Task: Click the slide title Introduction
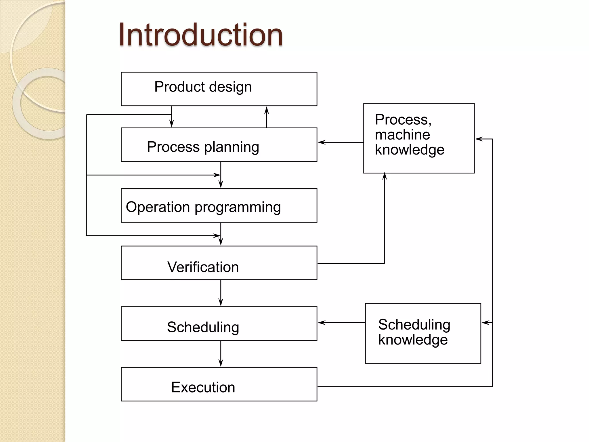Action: (x=200, y=35)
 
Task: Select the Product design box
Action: (x=219, y=89)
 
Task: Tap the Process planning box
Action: (x=219, y=145)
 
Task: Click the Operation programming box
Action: (x=219, y=205)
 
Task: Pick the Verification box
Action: (x=219, y=263)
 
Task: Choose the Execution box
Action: (x=219, y=384)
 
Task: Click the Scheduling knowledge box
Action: (x=423, y=333)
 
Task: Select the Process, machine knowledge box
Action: (x=419, y=138)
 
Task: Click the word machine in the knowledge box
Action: (x=402, y=135)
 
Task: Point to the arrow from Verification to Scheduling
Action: (x=221, y=293)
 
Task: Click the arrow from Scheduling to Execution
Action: (x=221, y=354)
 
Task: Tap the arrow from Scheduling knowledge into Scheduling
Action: (x=341, y=323)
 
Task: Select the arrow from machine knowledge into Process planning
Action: (x=341, y=142)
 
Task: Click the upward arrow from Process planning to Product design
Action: (x=267, y=117)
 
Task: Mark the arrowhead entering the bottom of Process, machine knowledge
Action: (x=385, y=176)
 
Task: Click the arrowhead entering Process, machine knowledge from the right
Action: (x=479, y=139)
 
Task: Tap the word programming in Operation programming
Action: (x=238, y=207)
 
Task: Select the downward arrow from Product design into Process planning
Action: (x=172, y=117)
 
